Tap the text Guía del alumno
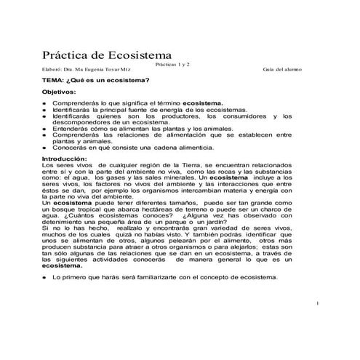point(284,70)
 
